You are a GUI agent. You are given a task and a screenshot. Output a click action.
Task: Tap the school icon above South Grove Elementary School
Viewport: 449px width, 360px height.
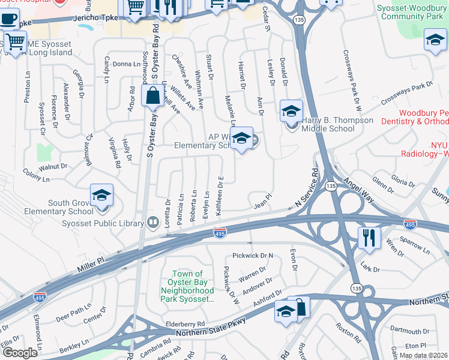click(x=101, y=195)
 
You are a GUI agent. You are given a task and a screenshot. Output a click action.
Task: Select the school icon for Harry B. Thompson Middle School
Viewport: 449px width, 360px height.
click(x=291, y=111)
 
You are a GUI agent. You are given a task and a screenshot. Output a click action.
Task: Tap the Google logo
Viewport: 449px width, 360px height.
click(x=19, y=353)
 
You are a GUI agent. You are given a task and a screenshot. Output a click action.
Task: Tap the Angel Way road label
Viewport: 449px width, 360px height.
click(x=359, y=178)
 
